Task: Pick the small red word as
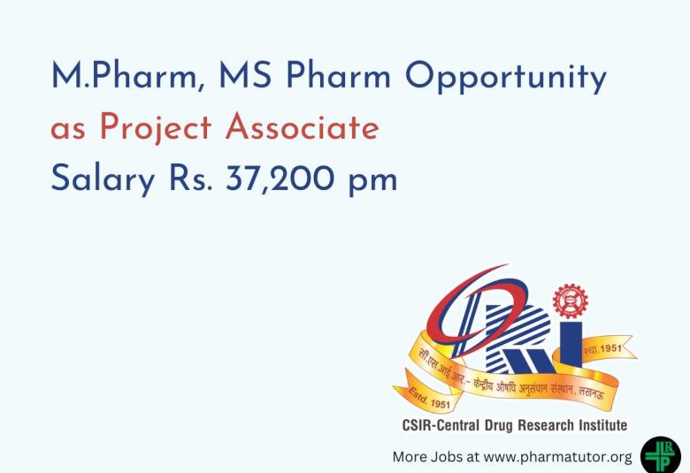coord(69,130)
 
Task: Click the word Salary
coord(103,180)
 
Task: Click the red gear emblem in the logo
coord(570,301)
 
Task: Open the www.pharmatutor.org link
coord(558,458)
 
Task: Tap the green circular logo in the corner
coord(661,454)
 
